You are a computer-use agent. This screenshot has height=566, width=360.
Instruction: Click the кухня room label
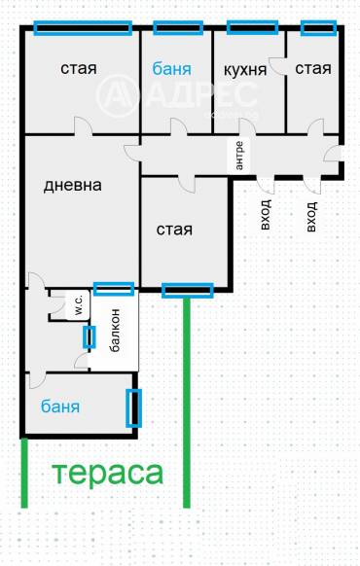pyautogui.click(x=245, y=69)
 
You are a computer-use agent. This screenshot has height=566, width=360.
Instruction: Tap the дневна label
pyautogui.click(x=74, y=185)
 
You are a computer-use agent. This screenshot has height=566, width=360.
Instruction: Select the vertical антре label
pyautogui.click(x=239, y=156)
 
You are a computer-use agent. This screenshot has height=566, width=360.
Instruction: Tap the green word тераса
pyautogui.click(x=107, y=474)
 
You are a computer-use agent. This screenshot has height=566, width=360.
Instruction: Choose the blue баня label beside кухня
pyautogui.click(x=175, y=69)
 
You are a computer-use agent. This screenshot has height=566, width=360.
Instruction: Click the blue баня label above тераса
pyautogui.click(x=60, y=406)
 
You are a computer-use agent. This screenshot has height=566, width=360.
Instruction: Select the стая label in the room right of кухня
pyautogui.click(x=312, y=69)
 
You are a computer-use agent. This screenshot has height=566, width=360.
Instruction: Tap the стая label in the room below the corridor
pyautogui.click(x=175, y=230)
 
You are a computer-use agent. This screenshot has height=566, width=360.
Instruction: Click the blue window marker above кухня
pyautogui.click(x=248, y=27)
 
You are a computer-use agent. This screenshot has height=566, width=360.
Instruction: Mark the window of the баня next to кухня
pyautogui.click(x=177, y=27)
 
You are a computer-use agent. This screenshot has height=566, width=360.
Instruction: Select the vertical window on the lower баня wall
pyautogui.click(x=134, y=407)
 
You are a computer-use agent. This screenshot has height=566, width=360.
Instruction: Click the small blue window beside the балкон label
pyautogui.click(x=90, y=337)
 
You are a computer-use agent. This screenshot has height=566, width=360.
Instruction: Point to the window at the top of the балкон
pyautogui.click(x=113, y=288)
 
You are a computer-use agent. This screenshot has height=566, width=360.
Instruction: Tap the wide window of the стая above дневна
pyautogui.click(x=83, y=27)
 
